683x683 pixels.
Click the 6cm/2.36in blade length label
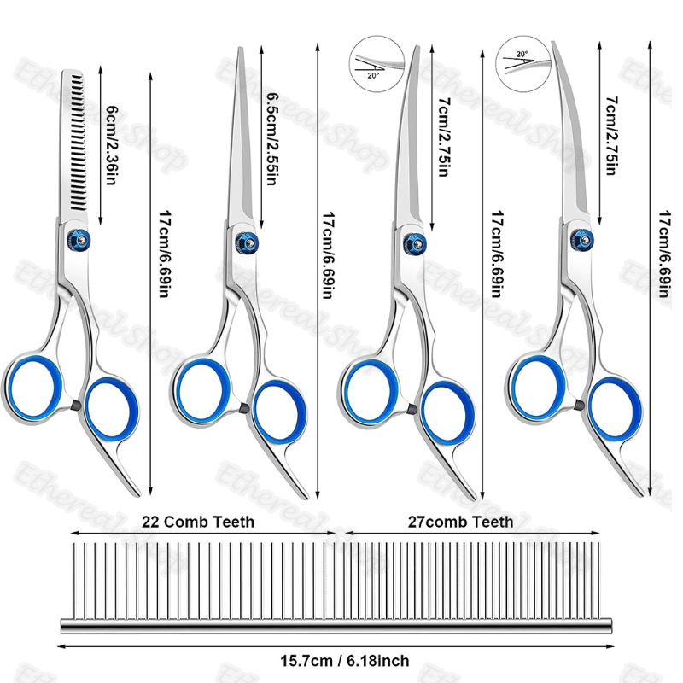pos(111,145)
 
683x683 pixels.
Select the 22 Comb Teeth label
pos(198,522)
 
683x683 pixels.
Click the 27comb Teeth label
pos(460,522)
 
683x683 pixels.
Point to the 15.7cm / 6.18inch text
pos(345,661)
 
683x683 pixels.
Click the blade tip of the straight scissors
pos(240,48)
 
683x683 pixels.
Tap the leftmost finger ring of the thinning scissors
pos(32,388)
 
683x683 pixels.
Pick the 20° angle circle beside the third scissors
pos(377,63)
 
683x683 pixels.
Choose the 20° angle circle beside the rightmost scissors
pos(523,63)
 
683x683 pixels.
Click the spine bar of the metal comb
pos(336,626)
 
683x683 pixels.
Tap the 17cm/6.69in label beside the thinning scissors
pos(163,254)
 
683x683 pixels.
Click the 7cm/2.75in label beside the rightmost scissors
pos(611,136)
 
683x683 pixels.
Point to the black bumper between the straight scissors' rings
pos(245,408)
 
